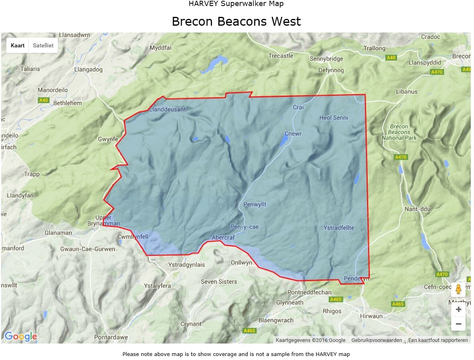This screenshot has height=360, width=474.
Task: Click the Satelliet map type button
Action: click(x=43, y=45)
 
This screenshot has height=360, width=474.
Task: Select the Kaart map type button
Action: click(x=18, y=45)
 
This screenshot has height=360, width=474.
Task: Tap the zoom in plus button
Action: click(x=458, y=309)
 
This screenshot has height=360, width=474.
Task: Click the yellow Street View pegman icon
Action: click(x=458, y=289)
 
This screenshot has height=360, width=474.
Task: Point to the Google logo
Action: click(x=21, y=336)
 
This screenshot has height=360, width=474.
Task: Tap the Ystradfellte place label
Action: click(x=339, y=228)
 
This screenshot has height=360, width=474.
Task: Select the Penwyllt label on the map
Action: click(x=255, y=205)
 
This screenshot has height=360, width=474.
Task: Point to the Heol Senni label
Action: click(x=334, y=118)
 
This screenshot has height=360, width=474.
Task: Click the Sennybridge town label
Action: click(x=326, y=59)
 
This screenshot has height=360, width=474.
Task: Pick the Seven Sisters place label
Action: click(x=219, y=282)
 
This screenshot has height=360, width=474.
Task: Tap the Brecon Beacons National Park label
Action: click(x=399, y=132)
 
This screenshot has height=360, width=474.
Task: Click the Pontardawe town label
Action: click(x=111, y=337)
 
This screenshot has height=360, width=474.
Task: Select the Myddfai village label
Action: click(x=161, y=48)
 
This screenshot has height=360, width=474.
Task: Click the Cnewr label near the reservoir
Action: click(x=293, y=134)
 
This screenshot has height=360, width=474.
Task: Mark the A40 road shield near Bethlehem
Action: click(x=44, y=100)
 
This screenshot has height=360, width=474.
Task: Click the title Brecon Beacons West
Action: click(x=236, y=21)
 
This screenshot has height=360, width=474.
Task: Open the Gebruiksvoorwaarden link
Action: click(x=376, y=340)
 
